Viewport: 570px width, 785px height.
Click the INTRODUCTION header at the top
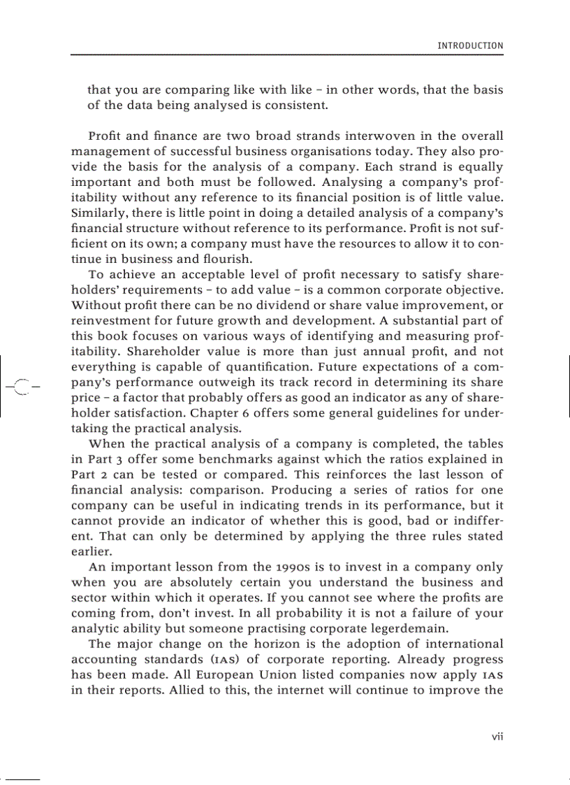469,46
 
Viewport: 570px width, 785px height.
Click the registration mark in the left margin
22,386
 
